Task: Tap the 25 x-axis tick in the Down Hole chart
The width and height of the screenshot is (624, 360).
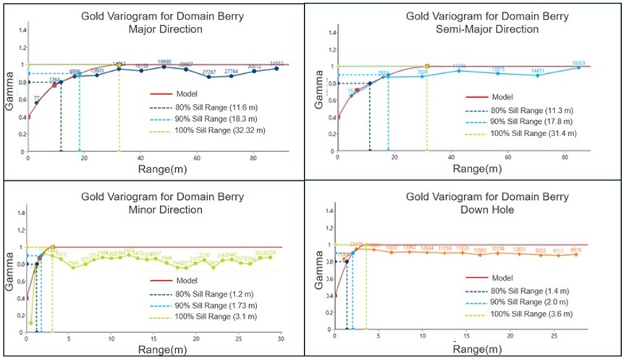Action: click(x=553, y=338)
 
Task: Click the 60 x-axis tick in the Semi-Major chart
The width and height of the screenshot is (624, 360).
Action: click(x=507, y=158)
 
